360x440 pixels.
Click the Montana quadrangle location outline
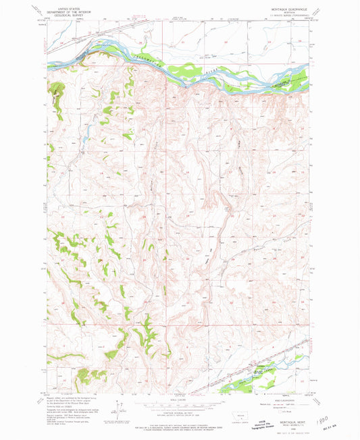pyautogui.click(x=238, y=413)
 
